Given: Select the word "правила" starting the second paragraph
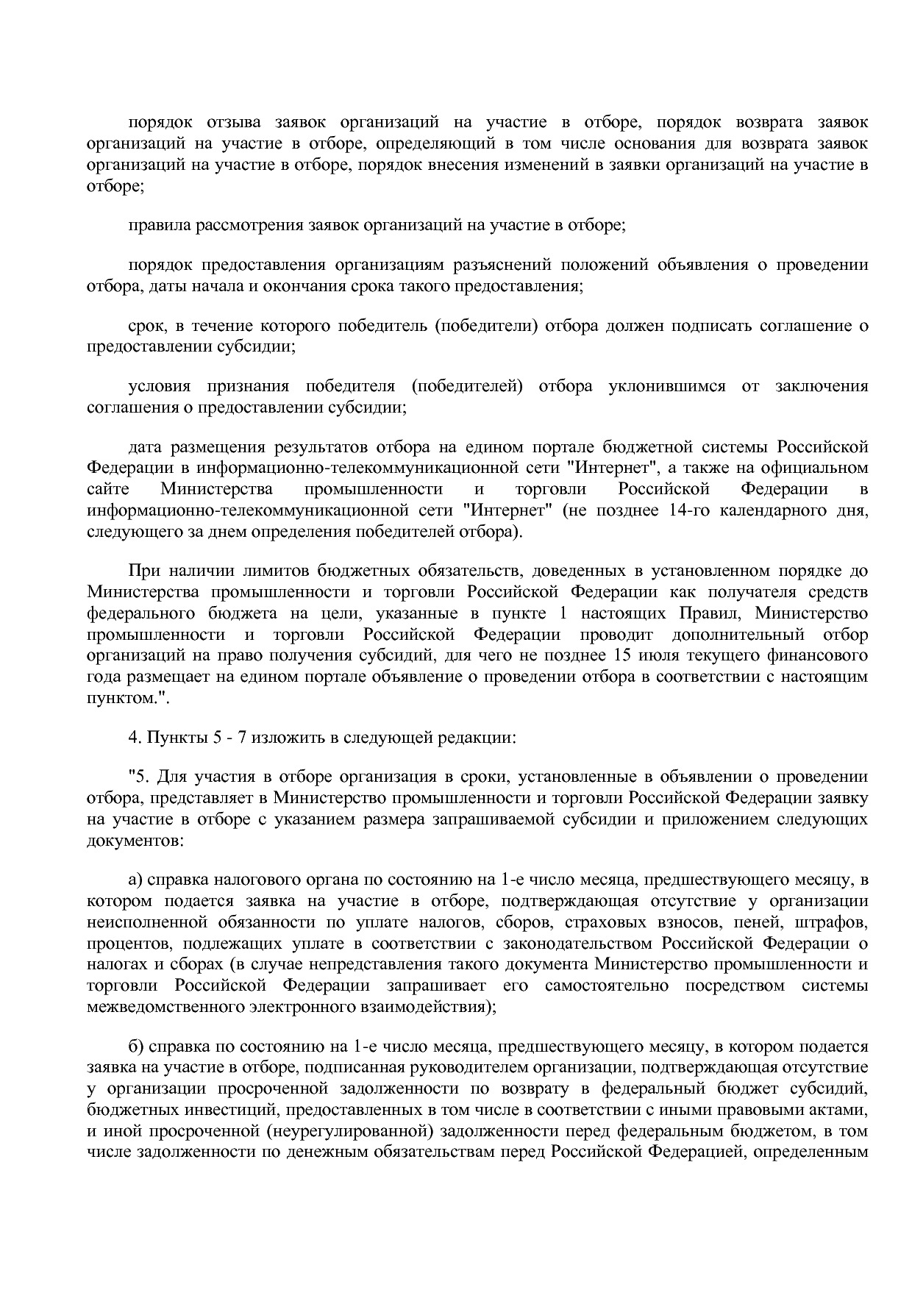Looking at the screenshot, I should (x=158, y=225).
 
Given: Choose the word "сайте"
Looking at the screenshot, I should (x=107, y=489).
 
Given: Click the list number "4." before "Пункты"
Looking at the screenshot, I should (x=135, y=738).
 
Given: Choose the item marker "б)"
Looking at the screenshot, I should (x=135, y=1047).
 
